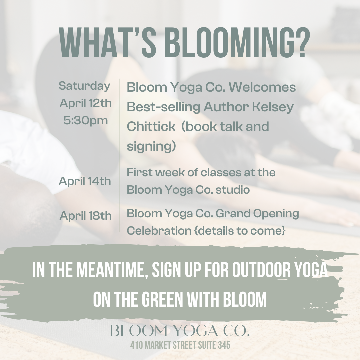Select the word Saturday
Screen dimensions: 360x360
(84, 86)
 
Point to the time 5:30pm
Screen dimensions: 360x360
(86, 121)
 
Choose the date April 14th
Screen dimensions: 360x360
(85, 181)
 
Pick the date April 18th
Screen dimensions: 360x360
(85, 216)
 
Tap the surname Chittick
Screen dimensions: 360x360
(151, 126)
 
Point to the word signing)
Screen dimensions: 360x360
(151, 146)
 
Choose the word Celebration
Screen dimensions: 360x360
(159, 231)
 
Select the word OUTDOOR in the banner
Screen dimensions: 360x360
(261, 270)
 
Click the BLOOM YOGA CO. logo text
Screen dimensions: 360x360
(180, 331)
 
